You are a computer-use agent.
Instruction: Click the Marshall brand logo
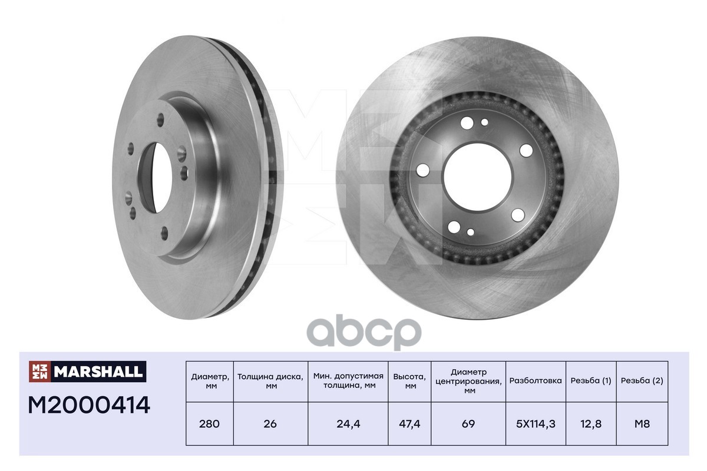point(87,372)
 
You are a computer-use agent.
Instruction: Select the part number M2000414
point(89,405)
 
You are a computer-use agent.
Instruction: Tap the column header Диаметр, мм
point(210,381)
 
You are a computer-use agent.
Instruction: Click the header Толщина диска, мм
point(270,381)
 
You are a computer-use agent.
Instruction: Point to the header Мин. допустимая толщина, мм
point(348,380)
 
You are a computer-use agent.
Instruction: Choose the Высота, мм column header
point(409,381)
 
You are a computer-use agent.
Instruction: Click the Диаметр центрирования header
point(468,381)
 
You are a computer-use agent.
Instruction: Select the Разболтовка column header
point(536,380)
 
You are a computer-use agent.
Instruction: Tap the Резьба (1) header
point(591,381)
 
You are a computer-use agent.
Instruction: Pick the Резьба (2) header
point(642,381)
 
